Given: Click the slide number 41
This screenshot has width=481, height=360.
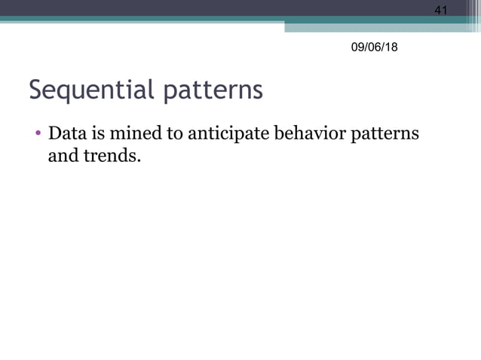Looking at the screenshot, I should coord(441,10).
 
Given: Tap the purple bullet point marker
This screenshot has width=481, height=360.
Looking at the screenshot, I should coord(38,136).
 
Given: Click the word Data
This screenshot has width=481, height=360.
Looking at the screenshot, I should coord(66,135).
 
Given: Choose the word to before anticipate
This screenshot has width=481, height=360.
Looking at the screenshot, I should coord(174,136).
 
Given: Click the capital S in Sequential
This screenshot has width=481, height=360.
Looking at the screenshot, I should coord(35,90).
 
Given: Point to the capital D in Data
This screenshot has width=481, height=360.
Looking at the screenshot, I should coord(54,135).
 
